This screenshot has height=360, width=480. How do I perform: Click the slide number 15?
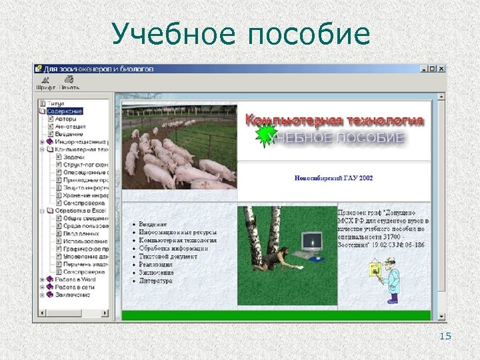point(445,336)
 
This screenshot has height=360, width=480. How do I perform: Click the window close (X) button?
point(441,68)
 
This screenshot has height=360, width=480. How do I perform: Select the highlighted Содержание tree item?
point(65,111)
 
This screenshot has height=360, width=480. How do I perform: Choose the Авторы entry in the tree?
point(66,119)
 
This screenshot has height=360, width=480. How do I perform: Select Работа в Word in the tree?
point(75,279)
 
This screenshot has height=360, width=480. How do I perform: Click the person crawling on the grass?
point(273,258)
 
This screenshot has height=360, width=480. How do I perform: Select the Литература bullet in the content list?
point(156,281)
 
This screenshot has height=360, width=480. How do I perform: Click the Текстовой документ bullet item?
point(169,257)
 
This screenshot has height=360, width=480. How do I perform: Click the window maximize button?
point(432,68)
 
